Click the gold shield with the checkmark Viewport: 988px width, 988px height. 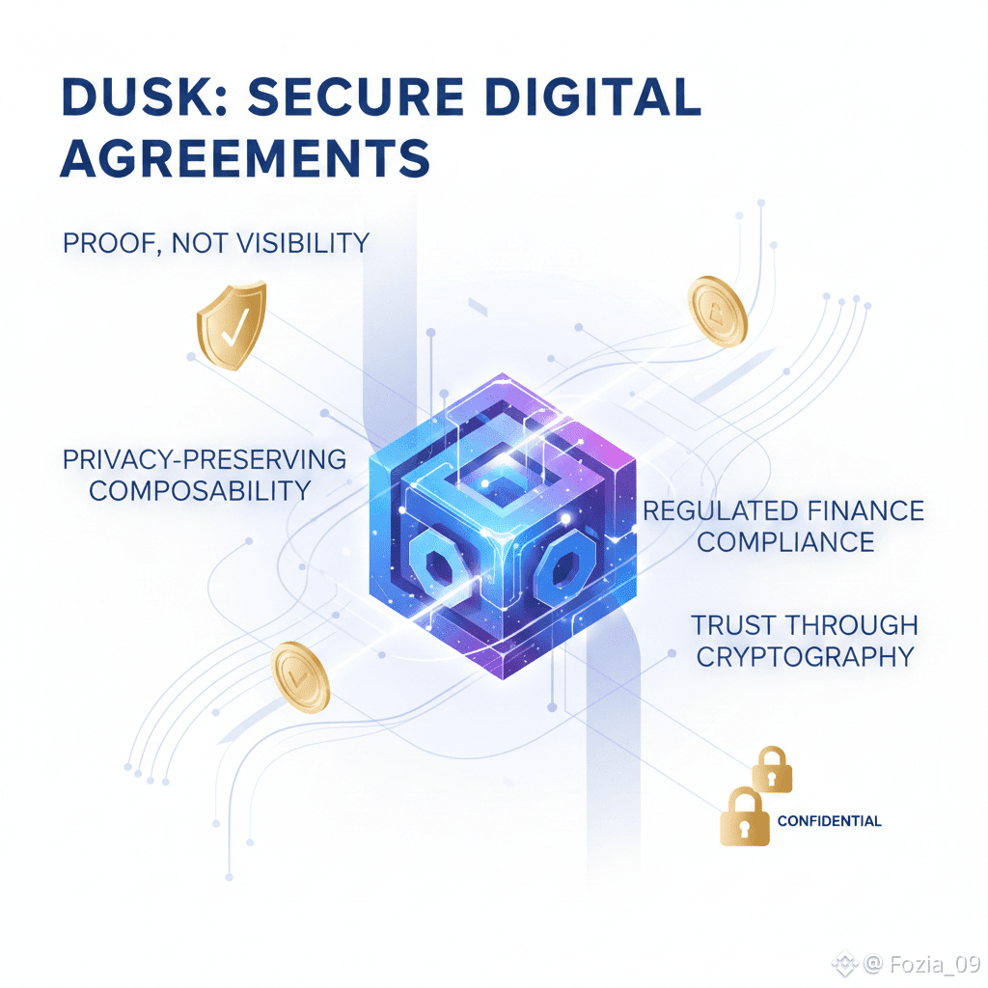232,324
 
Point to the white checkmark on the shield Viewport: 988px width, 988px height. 233,326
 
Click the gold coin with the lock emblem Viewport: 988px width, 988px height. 717,312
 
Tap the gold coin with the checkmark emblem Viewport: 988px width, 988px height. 300,677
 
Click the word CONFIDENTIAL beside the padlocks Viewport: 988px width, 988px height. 829,821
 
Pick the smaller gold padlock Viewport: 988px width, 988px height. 773,769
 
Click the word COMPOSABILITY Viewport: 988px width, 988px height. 200,491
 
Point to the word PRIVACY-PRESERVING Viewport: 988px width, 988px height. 205,459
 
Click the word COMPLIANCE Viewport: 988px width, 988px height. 785,542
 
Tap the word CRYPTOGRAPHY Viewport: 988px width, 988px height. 806,657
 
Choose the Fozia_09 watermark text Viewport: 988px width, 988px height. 935,964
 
